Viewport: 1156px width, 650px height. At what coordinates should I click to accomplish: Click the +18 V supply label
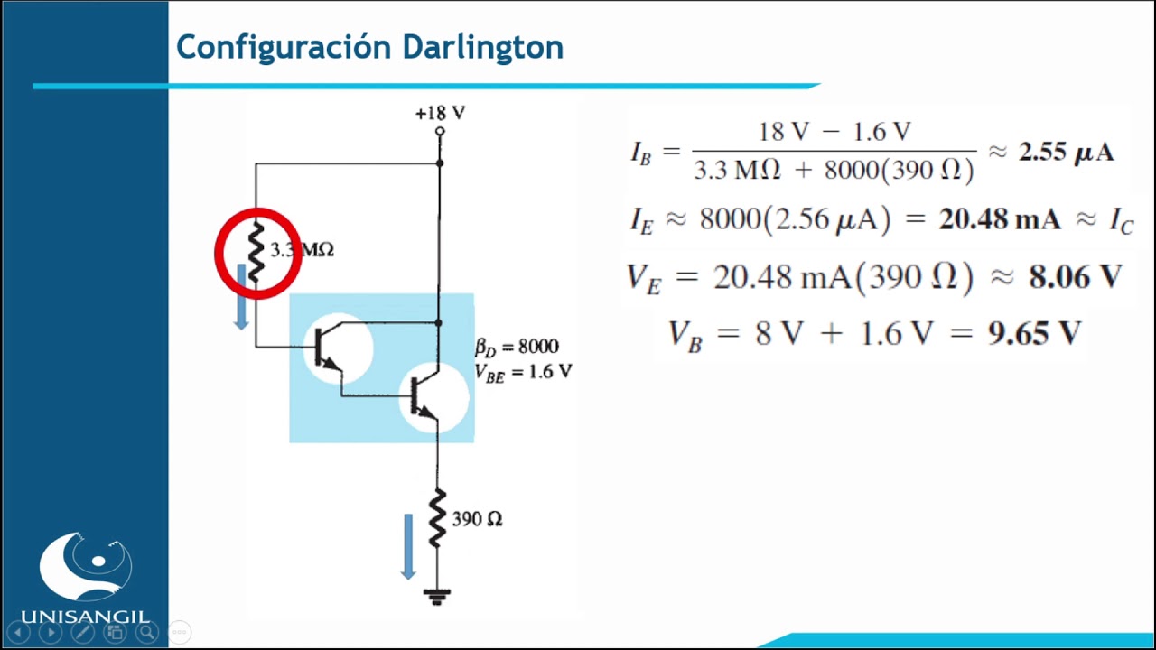pyautogui.click(x=440, y=113)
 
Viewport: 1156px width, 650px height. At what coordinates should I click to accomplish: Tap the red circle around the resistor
pyautogui.click(x=257, y=253)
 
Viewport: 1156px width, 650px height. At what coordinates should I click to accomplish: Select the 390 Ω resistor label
pyautogui.click(x=477, y=519)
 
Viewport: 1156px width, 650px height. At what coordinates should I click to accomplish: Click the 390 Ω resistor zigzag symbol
pyautogui.click(x=437, y=518)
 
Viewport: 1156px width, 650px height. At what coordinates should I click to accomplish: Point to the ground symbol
pyautogui.click(x=438, y=596)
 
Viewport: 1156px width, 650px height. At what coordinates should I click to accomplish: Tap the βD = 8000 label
pyautogui.click(x=517, y=347)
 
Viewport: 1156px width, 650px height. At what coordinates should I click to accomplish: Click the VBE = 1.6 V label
pyautogui.click(x=523, y=371)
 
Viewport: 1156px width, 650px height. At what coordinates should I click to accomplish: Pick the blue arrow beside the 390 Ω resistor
pyautogui.click(x=408, y=544)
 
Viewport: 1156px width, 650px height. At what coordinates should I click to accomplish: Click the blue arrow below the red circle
pyautogui.click(x=241, y=296)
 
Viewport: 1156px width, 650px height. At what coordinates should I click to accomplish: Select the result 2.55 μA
pyautogui.click(x=1067, y=152)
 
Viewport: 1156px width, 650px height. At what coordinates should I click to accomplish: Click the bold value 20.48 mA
pyautogui.click(x=1000, y=219)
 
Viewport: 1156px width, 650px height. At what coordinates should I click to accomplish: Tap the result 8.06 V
pyautogui.click(x=1075, y=277)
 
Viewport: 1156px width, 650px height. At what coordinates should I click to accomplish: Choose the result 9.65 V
pyautogui.click(x=1034, y=334)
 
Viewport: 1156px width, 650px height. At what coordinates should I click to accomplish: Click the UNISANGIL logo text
pyautogui.click(x=85, y=617)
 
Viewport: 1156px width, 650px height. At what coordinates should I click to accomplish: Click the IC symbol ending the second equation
pyautogui.click(x=1121, y=221)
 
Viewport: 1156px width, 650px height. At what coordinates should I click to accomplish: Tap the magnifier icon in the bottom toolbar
pyautogui.click(x=146, y=632)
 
